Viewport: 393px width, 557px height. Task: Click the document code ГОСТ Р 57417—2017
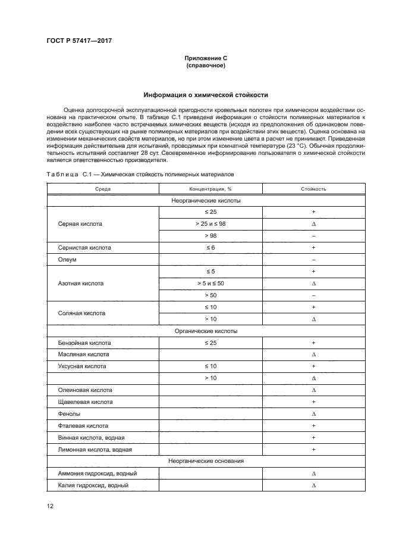[79, 41]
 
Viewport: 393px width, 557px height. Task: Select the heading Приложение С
[206, 58]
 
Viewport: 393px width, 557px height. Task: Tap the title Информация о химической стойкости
[206, 95]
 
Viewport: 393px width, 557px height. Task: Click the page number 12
[51, 506]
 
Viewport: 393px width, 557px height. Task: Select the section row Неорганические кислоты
[206, 201]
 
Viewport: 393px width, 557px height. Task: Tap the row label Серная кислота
[80, 224]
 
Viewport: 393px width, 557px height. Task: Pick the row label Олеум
[65, 259]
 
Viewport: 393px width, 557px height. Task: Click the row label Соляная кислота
[81, 312]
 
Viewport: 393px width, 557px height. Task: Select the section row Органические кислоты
[206, 330]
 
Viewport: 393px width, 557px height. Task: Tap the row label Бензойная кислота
[84, 343]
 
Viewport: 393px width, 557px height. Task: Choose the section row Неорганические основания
[206, 460]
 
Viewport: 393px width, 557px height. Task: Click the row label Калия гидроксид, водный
[93, 485]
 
